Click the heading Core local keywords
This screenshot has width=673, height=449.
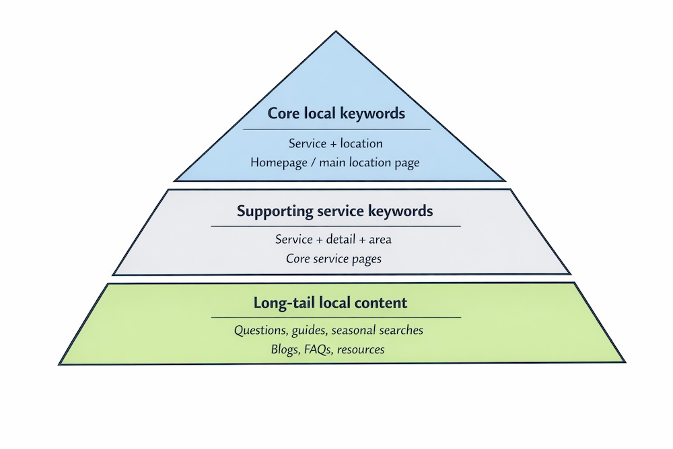point(336,113)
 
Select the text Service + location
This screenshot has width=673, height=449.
point(336,143)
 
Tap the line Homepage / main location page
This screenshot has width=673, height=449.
point(335,162)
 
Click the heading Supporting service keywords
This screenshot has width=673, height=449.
point(334,211)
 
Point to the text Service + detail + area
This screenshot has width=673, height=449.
point(334,240)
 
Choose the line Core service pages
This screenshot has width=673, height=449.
point(334,258)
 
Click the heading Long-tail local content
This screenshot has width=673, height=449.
point(330,302)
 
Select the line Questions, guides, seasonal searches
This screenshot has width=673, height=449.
point(328,331)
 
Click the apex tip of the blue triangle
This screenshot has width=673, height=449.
point(336,32)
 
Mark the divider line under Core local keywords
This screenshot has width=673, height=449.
point(336,129)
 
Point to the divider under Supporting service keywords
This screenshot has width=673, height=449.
point(336,226)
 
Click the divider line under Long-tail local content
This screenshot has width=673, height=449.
point(336,317)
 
